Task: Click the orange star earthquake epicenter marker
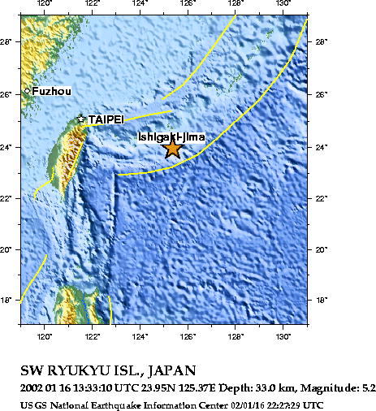coord(172,148)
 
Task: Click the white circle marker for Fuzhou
coord(27,91)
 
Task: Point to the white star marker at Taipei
coord(81,119)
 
